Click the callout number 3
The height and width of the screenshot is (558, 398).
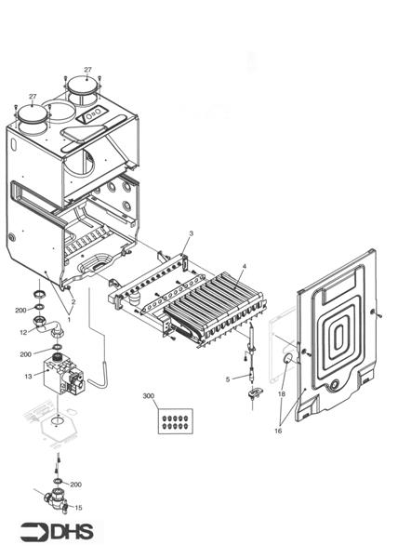191,232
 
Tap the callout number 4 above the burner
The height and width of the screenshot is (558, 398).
244,267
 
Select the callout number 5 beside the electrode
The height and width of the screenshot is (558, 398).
227,379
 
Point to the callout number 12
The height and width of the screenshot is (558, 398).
24,331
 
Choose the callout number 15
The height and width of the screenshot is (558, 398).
78,508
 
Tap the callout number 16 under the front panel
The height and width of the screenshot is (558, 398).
278,432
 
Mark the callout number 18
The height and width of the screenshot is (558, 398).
282,394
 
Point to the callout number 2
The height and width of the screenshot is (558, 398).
73,301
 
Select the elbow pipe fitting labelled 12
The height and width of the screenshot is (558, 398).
46,327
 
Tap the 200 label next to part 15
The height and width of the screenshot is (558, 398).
76,485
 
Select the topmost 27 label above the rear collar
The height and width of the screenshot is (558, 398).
88,70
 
